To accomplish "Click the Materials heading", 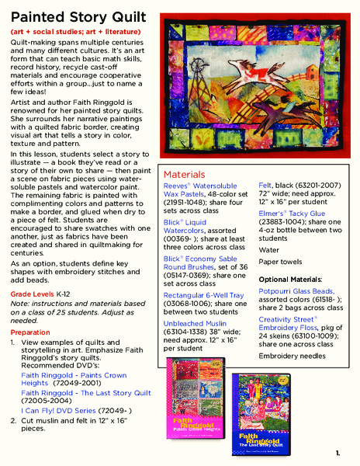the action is click(x=184, y=175).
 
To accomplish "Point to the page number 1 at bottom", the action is click(x=338, y=453).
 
